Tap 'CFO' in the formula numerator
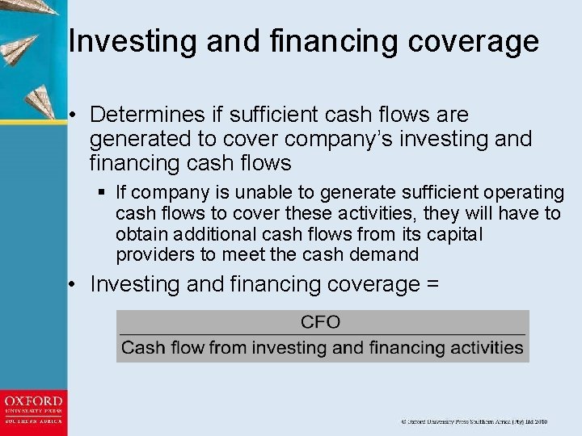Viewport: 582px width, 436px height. click(321, 322)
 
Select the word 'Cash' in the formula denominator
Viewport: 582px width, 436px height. click(142, 349)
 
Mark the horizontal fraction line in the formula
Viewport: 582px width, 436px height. click(322, 334)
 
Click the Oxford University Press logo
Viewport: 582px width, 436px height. click(33, 410)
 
